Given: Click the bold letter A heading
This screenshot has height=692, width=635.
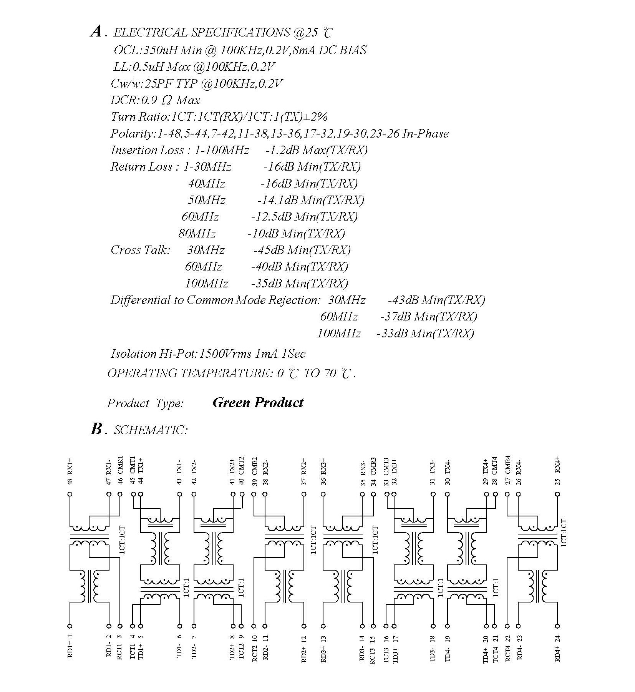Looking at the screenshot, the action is click(x=96, y=32).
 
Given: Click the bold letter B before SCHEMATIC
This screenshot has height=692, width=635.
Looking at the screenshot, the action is click(x=96, y=429).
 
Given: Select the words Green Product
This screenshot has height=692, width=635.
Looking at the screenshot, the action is click(x=258, y=403).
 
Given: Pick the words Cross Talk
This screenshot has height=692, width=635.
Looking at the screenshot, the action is click(x=140, y=250).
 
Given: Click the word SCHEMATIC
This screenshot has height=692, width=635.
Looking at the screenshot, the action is click(x=151, y=430).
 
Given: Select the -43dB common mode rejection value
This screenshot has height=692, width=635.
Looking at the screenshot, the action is click(x=403, y=300).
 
